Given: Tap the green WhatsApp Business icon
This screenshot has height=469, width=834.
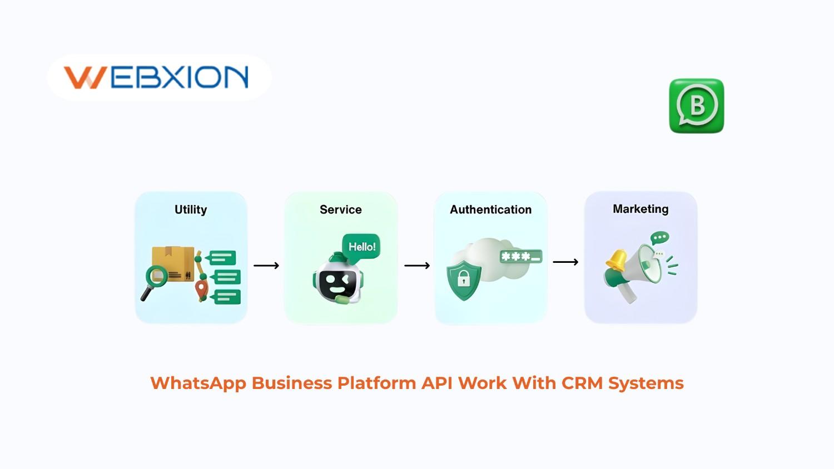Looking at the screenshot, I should pos(696,106).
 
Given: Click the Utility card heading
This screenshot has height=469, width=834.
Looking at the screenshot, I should pos(191,209).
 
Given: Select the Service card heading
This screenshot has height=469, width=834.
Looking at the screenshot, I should pos(340,209).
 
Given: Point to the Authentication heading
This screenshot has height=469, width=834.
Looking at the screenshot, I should pos(490,209).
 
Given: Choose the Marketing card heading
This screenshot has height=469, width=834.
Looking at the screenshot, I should pos(641,209).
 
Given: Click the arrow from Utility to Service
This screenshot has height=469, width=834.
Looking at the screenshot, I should pos(266,266).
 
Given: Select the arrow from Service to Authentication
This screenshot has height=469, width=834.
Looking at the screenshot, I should pos(417,266).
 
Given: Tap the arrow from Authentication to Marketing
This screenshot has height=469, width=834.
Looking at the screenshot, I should pos(565,262).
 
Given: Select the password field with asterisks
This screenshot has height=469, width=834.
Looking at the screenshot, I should pos(520,257).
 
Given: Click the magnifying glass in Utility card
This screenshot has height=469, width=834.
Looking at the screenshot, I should pos(155,278).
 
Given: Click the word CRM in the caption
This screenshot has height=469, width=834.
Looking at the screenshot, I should pos(582,383).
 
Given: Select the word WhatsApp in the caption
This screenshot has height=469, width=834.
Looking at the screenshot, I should pos(198,383).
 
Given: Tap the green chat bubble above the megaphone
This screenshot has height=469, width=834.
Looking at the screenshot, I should pos(660,238).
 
